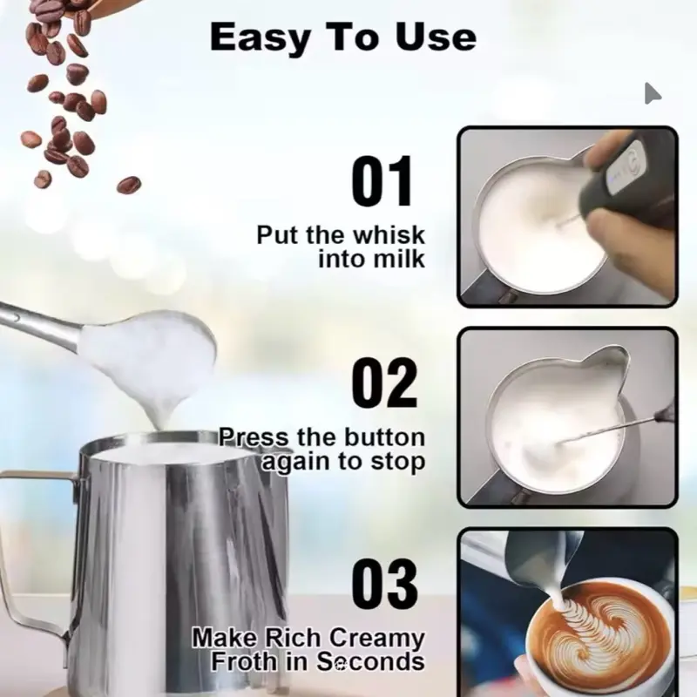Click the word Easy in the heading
point(259,37)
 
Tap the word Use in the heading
point(436,37)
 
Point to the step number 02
point(384,382)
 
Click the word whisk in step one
point(391,234)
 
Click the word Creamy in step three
point(376,639)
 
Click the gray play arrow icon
point(653,93)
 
